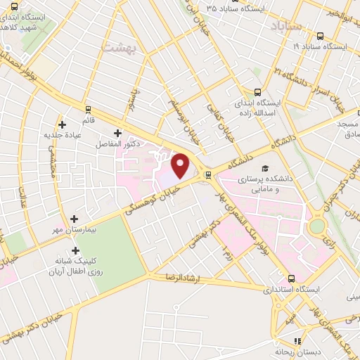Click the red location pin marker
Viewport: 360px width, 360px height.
tap(181, 165)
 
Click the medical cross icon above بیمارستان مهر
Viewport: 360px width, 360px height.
tap(75, 219)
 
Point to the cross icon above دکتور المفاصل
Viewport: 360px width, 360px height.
tap(117, 132)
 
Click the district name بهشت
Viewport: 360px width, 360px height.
tap(116, 48)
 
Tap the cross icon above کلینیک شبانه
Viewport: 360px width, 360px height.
tap(75, 250)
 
